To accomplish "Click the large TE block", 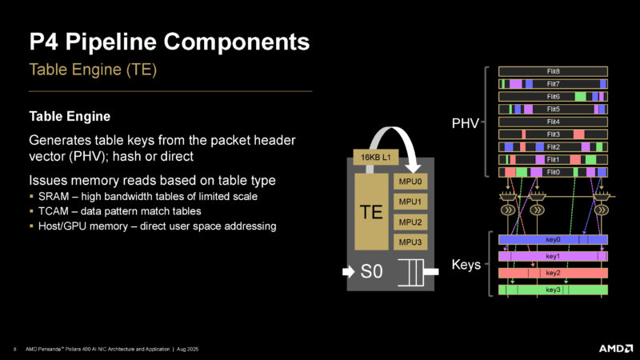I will click(x=371, y=212).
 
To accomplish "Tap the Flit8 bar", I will click(x=553, y=71).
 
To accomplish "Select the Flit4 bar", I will click(x=553, y=122).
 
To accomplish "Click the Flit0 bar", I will click(x=553, y=172).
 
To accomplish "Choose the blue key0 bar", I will click(x=553, y=239).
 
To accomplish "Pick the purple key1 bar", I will click(x=553, y=256).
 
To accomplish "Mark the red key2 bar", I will click(x=553, y=273).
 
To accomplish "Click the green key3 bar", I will click(x=553, y=290).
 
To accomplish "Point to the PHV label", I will click(x=466, y=124).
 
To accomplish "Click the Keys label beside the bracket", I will click(x=463, y=264).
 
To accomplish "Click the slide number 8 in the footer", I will click(x=16, y=348).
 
